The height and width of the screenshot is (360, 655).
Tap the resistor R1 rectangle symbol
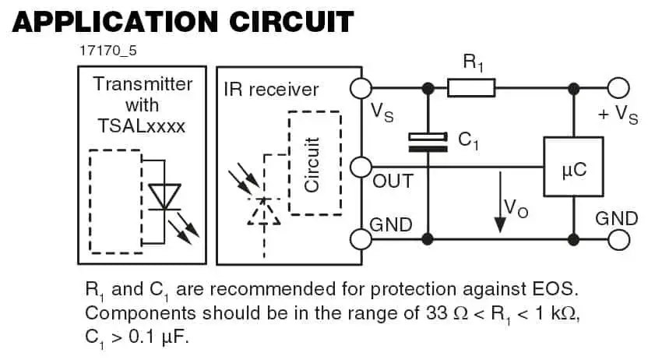[471, 89]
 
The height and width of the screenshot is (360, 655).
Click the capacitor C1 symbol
[428, 142]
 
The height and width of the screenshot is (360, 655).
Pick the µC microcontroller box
[572, 167]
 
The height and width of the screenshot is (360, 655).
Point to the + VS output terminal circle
[618, 89]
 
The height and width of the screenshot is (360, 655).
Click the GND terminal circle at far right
[618, 238]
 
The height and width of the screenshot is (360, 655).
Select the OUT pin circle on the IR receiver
[361, 167]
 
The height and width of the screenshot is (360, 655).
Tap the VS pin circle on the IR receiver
[361, 89]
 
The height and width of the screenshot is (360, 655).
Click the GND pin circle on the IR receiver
[361, 238]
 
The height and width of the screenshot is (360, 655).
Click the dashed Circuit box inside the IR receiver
[315, 162]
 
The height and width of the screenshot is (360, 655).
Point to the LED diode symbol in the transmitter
[164, 197]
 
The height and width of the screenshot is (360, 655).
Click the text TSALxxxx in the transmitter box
[142, 125]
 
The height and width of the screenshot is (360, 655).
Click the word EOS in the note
[555, 290]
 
